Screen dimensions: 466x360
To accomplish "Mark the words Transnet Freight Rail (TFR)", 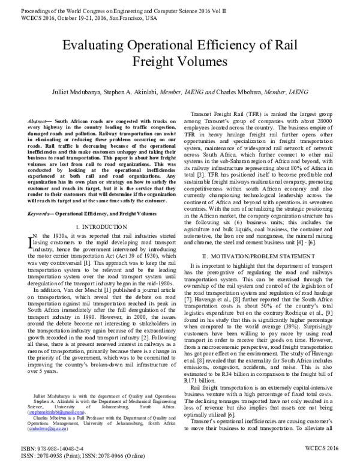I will (x=227, y=113).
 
